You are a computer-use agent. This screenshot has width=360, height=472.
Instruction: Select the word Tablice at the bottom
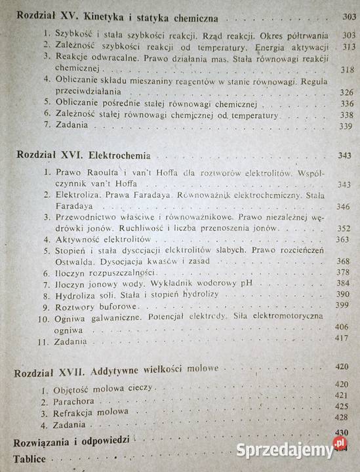click(x=30, y=459)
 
